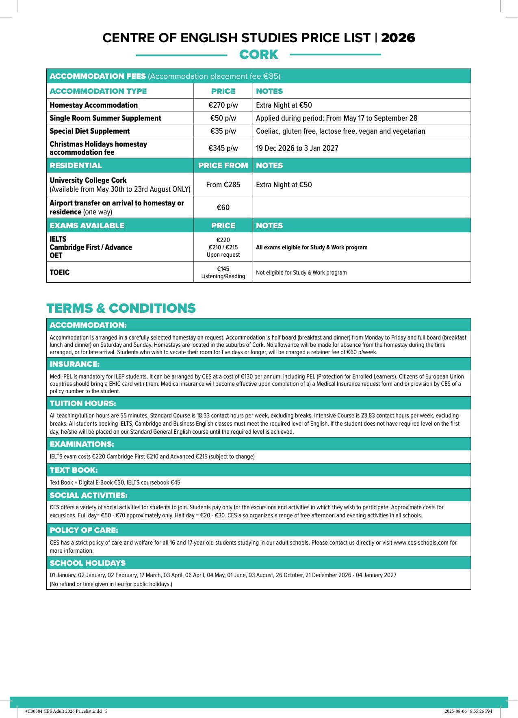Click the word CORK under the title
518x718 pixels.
(258, 54)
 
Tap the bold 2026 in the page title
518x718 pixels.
(398, 38)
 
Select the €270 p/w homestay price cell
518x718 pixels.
(223, 105)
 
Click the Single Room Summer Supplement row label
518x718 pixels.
(105, 118)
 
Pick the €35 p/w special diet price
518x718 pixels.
(223, 131)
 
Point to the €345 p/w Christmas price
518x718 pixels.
(223, 148)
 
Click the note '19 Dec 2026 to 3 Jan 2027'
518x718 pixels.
(297, 148)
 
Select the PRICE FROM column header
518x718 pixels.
(223, 166)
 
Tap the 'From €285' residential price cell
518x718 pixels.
(223, 185)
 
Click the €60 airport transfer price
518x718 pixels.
(223, 208)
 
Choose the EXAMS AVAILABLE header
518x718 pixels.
(87, 226)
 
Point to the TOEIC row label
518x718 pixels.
(59, 272)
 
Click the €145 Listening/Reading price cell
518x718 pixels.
(223, 272)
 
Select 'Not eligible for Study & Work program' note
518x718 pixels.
(301, 272)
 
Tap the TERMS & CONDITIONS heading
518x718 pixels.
(121, 308)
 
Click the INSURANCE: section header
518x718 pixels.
(74, 364)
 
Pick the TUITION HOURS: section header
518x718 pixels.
(83, 404)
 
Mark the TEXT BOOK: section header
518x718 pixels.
(74, 470)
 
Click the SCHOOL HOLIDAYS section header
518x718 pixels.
(87, 563)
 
